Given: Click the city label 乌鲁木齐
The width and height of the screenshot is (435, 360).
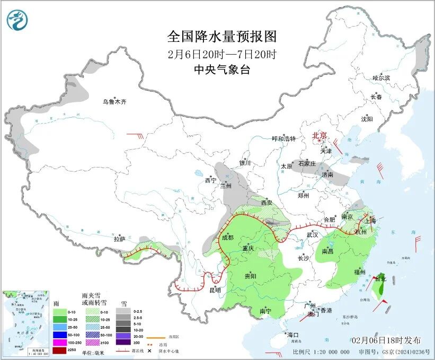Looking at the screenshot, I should coord(115,102).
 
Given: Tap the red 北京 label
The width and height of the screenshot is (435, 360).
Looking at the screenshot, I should coord(320,136).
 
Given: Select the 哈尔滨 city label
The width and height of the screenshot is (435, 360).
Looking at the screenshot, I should coord(380,78).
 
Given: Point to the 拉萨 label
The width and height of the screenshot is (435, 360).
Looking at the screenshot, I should coord(120,239).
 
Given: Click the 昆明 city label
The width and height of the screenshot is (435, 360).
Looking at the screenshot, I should coord(215,290).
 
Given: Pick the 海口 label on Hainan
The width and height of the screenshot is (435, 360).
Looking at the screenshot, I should coord(293,335).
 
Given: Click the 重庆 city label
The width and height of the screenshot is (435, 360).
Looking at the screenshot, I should coord(249,249).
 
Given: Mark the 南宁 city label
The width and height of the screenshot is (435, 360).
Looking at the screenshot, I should coord(266,311).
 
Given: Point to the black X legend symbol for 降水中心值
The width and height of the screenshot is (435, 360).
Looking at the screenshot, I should coord(156,350).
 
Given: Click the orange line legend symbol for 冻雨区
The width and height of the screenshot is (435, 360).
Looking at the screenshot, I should coord(156,336).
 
